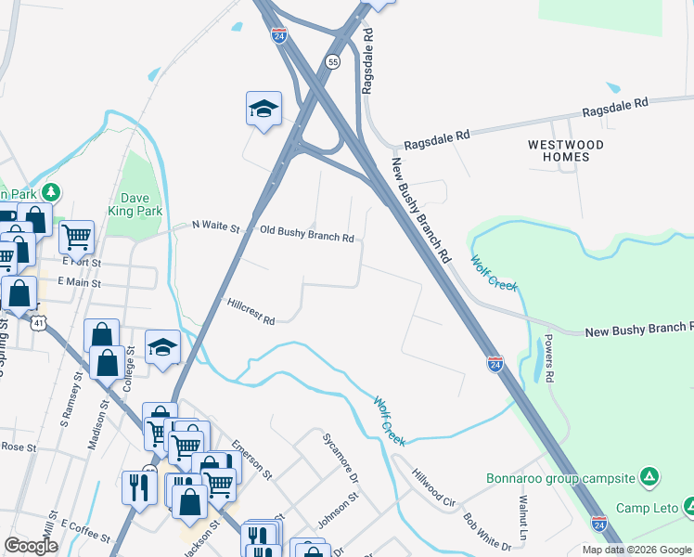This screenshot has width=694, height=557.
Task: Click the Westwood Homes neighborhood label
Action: (565, 150)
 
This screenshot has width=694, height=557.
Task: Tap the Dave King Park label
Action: (142, 204)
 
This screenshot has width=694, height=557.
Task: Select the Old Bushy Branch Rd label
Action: (307, 233)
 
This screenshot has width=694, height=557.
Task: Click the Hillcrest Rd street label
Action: (251, 312)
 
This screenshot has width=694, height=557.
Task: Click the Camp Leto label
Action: (649, 508)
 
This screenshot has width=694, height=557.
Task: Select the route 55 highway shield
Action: (333, 61)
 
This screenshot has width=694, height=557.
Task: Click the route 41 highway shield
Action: (38, 321)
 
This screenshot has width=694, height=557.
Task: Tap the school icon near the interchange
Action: (263, 109)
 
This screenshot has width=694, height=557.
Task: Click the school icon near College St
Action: (162, 347)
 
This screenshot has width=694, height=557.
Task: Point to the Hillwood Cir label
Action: (434, 486)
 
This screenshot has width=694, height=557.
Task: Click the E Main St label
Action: (79, 281)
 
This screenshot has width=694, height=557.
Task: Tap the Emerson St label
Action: (252, 459)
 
